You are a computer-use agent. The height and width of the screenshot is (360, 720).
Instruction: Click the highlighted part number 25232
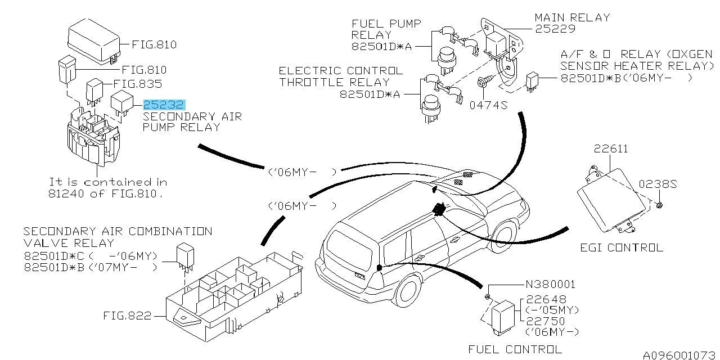pyautogui.click(x=164, y=105)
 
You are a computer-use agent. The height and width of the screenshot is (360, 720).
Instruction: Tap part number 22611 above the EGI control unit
pyautogui.click(x=611, y=149)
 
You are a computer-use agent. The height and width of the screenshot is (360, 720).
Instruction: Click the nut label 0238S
pyautogui.click(x=658, y=184)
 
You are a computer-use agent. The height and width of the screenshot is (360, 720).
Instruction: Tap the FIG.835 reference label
pyautogui.click(x=138, y=84)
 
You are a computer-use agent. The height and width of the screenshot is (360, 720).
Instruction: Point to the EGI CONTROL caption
pyautogui.click(x=622, y=247)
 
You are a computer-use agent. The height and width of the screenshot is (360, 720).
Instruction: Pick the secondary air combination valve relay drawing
pyautogui.click(x=186, y=255)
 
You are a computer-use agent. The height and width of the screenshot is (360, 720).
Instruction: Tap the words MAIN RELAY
pyautogui.click(x=573, y=17)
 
